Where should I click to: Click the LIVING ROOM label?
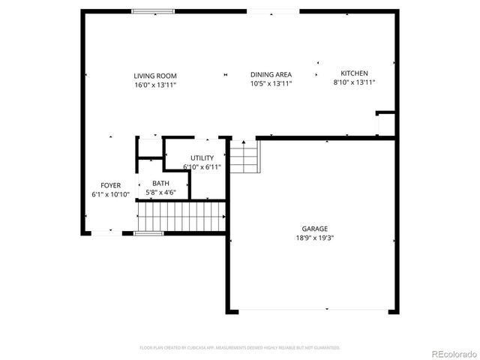155,75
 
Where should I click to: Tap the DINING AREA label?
271,74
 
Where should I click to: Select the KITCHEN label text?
354,73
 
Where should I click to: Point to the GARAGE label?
315,229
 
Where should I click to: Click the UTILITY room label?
202,157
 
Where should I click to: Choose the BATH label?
160,183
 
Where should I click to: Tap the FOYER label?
111,185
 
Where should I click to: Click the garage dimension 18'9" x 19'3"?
315,238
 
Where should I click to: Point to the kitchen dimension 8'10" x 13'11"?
354,82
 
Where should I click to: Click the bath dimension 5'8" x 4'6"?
160,192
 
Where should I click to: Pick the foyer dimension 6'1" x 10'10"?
111,194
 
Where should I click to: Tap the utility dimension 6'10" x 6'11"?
202,166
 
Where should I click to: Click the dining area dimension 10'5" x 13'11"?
271,83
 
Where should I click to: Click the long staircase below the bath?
181,216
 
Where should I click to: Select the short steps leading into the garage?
244,156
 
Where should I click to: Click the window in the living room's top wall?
154,11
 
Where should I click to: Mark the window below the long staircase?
148,234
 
